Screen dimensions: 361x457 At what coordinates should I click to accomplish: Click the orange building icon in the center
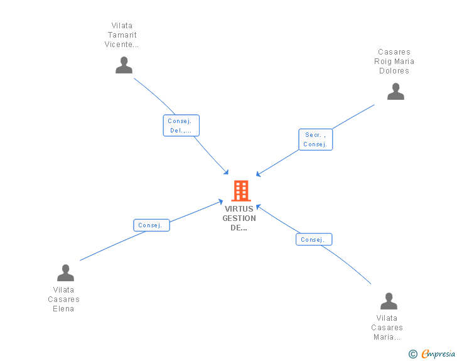[x=241, y=190]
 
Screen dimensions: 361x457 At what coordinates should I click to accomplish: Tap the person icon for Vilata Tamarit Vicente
[x=124, y=65]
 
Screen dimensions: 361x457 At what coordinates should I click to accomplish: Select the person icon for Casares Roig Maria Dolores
[x=395, y=92]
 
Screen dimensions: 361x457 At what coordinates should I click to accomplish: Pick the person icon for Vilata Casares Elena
[x=65, y=273]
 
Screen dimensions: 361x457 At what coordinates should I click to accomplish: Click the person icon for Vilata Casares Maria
[x=389, y=301]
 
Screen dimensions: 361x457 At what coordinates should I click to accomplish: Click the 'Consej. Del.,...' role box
[x=181, y=126]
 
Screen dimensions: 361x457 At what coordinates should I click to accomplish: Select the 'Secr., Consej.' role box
[x=315, y=139]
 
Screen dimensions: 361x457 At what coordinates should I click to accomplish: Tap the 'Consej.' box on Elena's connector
[x=151, y=225]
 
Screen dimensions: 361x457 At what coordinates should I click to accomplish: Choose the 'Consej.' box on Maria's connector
[x=313, y=239]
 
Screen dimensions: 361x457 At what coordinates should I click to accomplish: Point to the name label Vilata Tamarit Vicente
[x=122, y=35]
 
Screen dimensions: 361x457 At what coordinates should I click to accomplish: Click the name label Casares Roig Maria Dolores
[x=394, y=62]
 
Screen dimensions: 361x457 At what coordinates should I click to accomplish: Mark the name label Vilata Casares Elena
[x=63, y=299]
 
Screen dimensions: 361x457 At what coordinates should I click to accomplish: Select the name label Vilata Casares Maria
[x=387, y=328]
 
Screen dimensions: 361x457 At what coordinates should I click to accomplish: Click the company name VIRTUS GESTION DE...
[x=239, y=218]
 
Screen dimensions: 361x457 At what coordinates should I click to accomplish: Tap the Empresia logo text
[x=438, y=354]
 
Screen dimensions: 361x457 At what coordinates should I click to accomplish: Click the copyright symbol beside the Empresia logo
[x=412, y=354]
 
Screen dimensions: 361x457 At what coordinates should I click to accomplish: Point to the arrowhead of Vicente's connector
[x=227, y=173]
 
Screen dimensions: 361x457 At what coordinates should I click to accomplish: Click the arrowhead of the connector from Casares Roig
[x=258, y=175]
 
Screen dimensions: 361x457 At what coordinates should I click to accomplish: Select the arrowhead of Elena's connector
[x=221, y=202]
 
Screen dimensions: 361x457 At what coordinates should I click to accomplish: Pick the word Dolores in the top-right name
[x=394, y=71]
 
